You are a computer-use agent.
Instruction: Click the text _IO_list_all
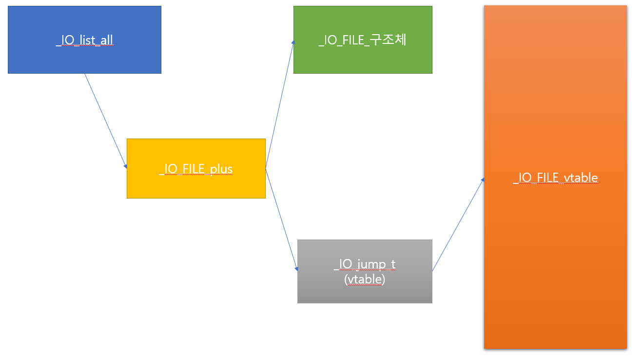coord(84,40)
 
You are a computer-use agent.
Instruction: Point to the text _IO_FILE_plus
coord(196,169)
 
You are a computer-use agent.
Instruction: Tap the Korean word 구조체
coord(388,40)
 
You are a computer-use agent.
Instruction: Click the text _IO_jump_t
coord(365,264)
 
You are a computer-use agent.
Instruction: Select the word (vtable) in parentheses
coord(365,280)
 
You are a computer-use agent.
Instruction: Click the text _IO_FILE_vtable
coord(555,178)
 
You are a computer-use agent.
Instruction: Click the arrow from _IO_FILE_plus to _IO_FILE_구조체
coord(279,105)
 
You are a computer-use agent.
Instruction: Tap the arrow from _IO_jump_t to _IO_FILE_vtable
coord(458,224)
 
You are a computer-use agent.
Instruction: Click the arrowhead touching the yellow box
coord(125,166)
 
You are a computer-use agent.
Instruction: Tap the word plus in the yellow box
coord(221,169)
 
